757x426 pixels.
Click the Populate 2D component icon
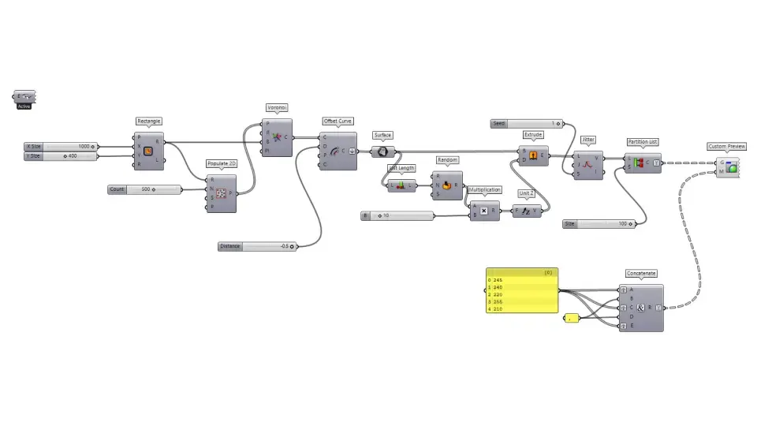click(x=221, y=193)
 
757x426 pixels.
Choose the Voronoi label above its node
click(x=276, y=107)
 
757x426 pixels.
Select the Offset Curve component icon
click(x=338, y=151)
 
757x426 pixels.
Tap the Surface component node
click(x=382, y=151)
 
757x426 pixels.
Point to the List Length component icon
click(x=401, y=185)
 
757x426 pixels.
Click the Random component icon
click(x=447, y=185)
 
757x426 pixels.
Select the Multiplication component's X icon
click(x=483, y=211)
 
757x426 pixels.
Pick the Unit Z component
click(x=527, y=211)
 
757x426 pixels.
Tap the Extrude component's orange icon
click(x=533, y=155)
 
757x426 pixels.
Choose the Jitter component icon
click(x=587, y=165)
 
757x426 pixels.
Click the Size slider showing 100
click(x=599, y=224)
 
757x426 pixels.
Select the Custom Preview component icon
click(x=731, y=167)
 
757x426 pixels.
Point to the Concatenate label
click(x=641, y=273)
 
